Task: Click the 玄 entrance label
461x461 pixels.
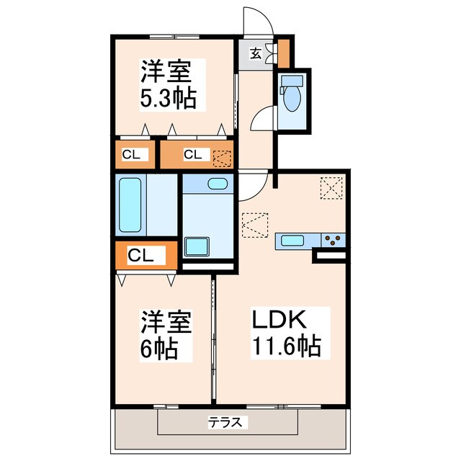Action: click(x=256, y=52)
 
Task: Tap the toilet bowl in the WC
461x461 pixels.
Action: click(x=292, y=98)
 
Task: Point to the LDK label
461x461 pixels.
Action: click(x=279, y=319)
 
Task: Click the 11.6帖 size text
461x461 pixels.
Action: click(x=285, y=346)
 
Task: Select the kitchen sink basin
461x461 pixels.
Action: click(x=294, y=241)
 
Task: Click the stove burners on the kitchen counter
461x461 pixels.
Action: click(x=332, y=241)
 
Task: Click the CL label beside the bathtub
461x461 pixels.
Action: click(x=142, y=255)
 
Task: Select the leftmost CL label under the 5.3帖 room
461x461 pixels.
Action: click(x=130, y=153)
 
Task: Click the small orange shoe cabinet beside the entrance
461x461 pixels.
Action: click(x=284, y=51)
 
